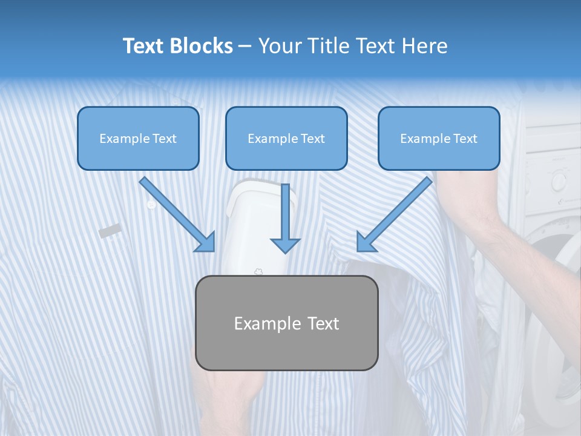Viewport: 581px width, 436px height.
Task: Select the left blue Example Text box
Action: (x=138, y=138)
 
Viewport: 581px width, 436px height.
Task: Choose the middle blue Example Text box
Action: (x=286, y=138)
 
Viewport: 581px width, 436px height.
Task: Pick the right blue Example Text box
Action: (x=439, y=138)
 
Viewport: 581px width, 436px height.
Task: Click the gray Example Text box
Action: (x=286, y=323)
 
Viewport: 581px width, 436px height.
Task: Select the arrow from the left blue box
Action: (x=178, y=215)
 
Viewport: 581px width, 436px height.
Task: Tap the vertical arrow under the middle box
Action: (x=285, y=218)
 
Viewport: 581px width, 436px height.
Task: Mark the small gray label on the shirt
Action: (x=110, y=230)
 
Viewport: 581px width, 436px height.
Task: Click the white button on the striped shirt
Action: (x=151, y=205)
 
